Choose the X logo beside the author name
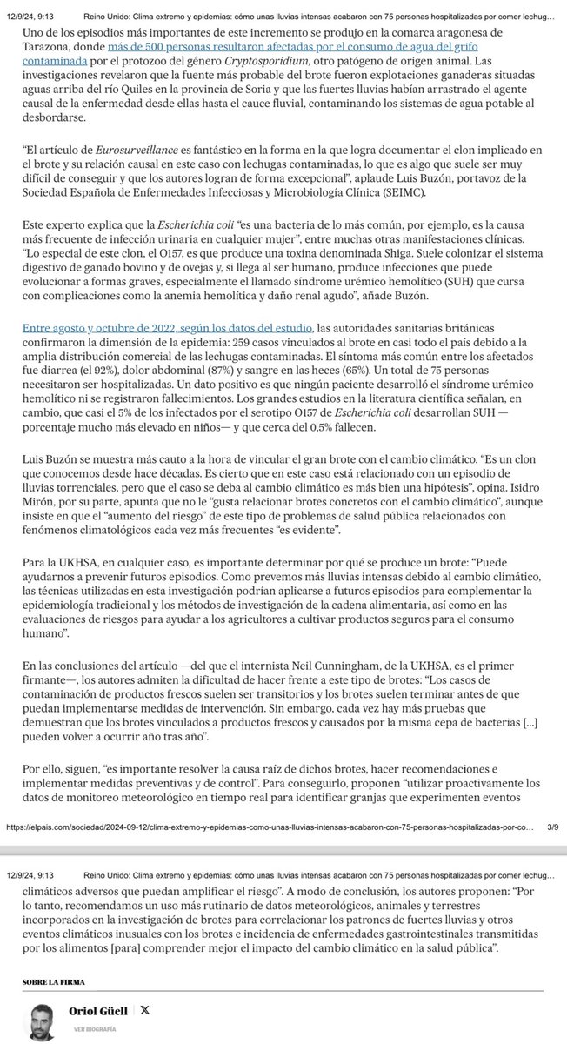pyautogui.click(x=144, y=1010)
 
